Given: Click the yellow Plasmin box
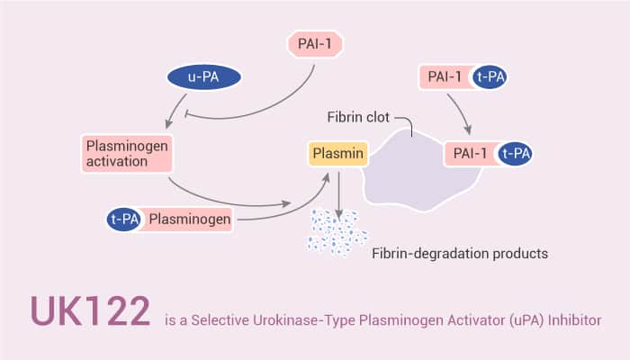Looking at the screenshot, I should (x=337, y=156).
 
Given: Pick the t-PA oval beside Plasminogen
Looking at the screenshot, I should (x=122, y=218).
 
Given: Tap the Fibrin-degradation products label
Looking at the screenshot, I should (x=460, y=254).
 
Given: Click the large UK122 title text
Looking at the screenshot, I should (x=90, y=311).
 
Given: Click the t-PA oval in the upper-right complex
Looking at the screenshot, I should (x=491, y=77).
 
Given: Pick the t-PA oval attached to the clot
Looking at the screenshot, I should (x=516, y=155).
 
